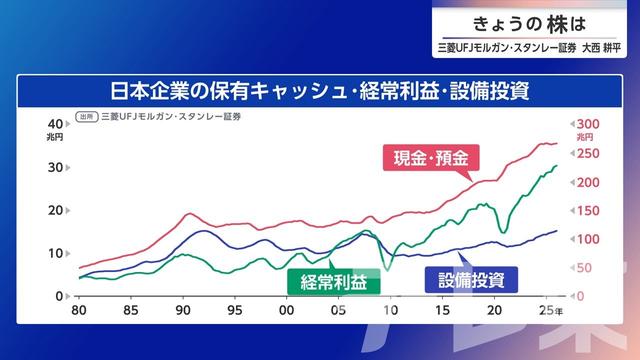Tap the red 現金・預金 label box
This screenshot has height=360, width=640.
431,158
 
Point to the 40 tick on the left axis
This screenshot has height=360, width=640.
56,123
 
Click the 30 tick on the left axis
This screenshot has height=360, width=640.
56,166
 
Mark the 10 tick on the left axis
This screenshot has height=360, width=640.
56,253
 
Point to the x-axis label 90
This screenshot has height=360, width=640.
183,310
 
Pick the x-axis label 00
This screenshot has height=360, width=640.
287,310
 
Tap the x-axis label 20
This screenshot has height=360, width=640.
494,310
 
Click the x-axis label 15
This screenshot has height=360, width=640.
443,310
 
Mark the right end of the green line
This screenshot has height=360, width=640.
557,166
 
